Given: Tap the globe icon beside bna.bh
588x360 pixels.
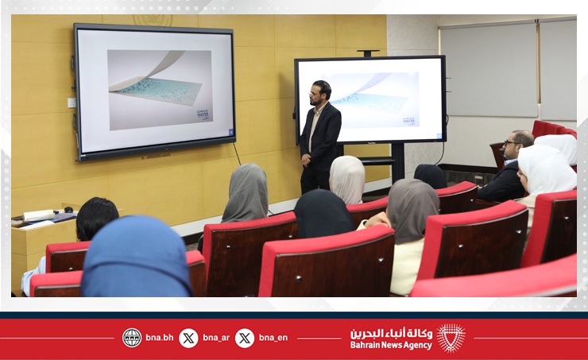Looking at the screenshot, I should [x=132, y=338].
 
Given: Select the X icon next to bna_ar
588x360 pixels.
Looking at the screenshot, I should [x=188, y=338].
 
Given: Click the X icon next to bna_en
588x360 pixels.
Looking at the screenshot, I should [x=245, y=338].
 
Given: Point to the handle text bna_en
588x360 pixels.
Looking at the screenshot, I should [x=273, y=338].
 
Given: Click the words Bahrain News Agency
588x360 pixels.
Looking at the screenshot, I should [x=391, y=345].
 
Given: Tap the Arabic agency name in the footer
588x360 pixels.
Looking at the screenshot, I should [x=392, y=333].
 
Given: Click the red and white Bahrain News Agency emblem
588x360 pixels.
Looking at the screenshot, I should [x=451, y=338].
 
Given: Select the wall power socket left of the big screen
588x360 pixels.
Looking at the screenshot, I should [x=72, y=103].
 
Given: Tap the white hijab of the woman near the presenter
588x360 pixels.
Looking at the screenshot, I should [x=347, y=178].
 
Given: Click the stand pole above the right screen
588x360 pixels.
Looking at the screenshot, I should [x=368, y=54].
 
